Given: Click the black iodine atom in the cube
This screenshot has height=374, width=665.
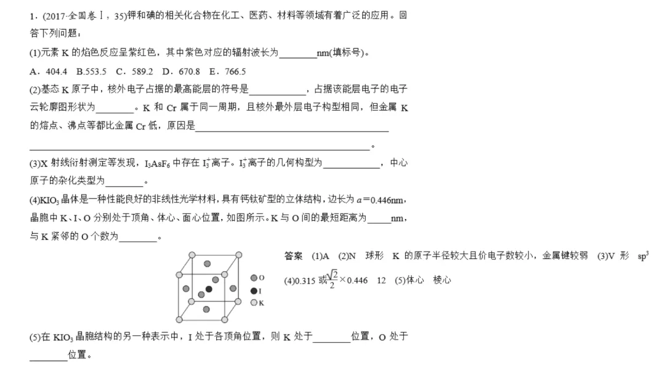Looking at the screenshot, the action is [x=209, y=288].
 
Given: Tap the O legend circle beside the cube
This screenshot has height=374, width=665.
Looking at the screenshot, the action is [x=254, y=278].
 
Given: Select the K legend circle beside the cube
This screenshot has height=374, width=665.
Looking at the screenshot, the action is [x=254, y=303].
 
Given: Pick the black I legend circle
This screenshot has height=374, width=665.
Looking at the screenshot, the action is [x=254, y=290].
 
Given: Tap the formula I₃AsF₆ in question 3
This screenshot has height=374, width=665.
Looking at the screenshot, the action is [x=158, y=164].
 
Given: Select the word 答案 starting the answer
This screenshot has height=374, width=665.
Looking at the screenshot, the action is [x=293, y=256].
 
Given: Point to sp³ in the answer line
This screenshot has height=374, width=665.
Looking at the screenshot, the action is [x=643, y=256].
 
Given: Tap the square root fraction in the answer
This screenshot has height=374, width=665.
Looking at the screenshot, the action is [x=332, y=280].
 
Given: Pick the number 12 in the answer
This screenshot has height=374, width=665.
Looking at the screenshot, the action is [x=381, y=280].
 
